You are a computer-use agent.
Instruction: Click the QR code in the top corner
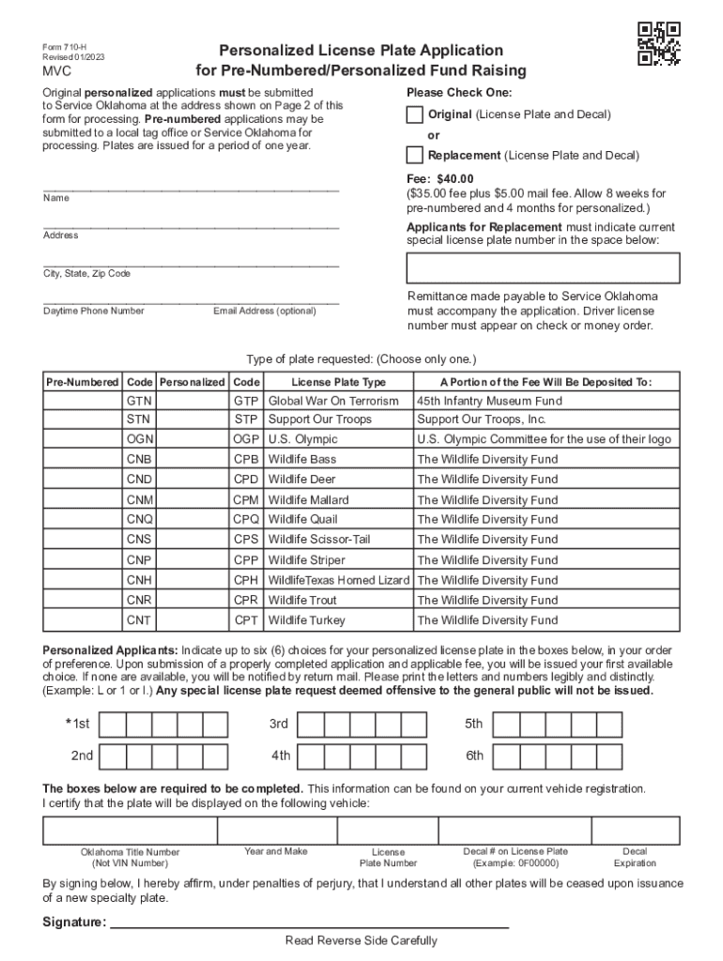[659, 43]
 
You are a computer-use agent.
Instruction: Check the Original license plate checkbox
[415, 114]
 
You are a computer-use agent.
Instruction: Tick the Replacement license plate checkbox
[415, 155]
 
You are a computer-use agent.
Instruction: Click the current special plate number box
[543, 267]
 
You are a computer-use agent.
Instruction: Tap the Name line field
[191, 189]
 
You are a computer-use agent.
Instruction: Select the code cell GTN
[139, 400]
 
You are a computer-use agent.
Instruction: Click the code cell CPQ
[246, 520]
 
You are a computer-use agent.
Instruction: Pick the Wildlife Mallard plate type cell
[337, 500]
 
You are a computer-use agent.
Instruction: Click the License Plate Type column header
[338, 383]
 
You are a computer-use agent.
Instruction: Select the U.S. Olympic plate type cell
[337, 439]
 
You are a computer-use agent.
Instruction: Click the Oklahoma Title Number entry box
[130, 831]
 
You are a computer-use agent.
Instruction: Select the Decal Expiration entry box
[635, 831]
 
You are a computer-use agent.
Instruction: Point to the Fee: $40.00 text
[440, 179]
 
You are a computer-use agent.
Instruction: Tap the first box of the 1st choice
[112, 725]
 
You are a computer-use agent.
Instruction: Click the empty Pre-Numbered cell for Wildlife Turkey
[83, 620]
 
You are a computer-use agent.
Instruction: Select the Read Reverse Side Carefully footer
[361, 941]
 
